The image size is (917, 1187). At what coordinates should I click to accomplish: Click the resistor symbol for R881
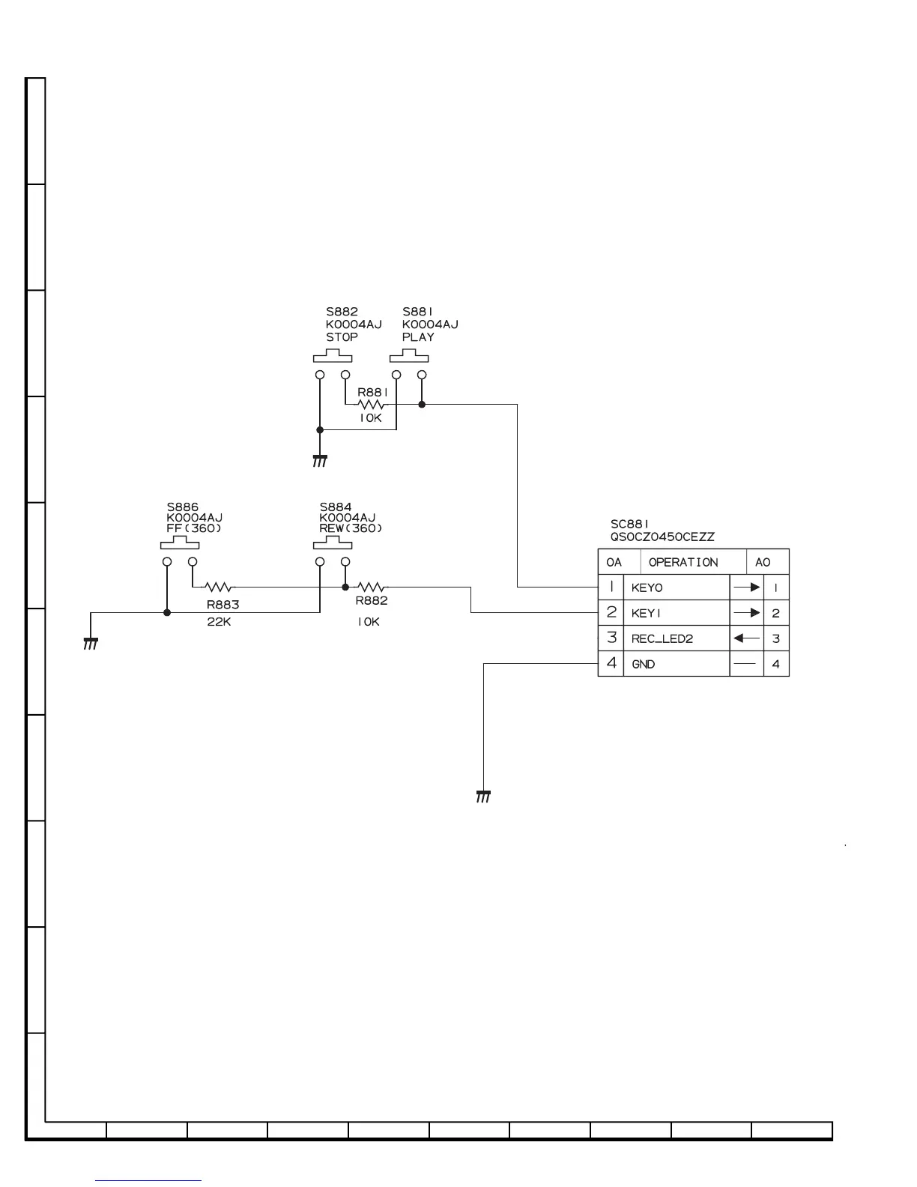pos(372,404)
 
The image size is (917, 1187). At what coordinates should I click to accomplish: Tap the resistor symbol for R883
pos(219,587)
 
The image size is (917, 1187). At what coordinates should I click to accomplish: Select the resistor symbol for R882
pos(372,587)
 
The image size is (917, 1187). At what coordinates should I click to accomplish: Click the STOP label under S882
pos(342,337)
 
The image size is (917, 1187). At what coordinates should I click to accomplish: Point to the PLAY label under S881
pos(418,337)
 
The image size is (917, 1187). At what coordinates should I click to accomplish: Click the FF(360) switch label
pos(194,528)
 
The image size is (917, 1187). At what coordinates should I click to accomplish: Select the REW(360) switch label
pos(351,528)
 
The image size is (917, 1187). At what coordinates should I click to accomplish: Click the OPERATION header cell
pos(683,562)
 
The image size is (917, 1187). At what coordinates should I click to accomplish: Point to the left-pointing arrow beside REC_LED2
pos(746,638)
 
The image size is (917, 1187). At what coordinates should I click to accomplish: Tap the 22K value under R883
pos(219,621)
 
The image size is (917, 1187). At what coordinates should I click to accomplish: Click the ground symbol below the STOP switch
pos(320,460)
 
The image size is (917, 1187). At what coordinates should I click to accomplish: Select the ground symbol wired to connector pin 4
pos(483,796)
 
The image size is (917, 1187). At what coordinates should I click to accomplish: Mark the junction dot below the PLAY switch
pos(422,404)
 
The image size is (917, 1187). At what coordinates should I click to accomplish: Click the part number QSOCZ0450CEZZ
pos(662,537)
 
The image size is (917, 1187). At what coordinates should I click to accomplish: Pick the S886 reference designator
pos(183,507)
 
